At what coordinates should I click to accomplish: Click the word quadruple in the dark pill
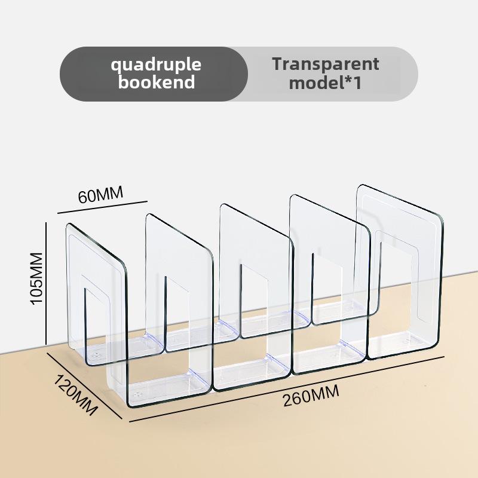[x=156, y=65]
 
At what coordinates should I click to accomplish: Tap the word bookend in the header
[x=156, y=82]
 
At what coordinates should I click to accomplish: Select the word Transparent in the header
[x=325, y=64]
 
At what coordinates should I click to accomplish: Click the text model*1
[x=325, y=82]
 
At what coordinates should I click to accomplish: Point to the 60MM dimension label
[x=100, y=195]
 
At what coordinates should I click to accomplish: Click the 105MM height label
[x=37, y=278]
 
